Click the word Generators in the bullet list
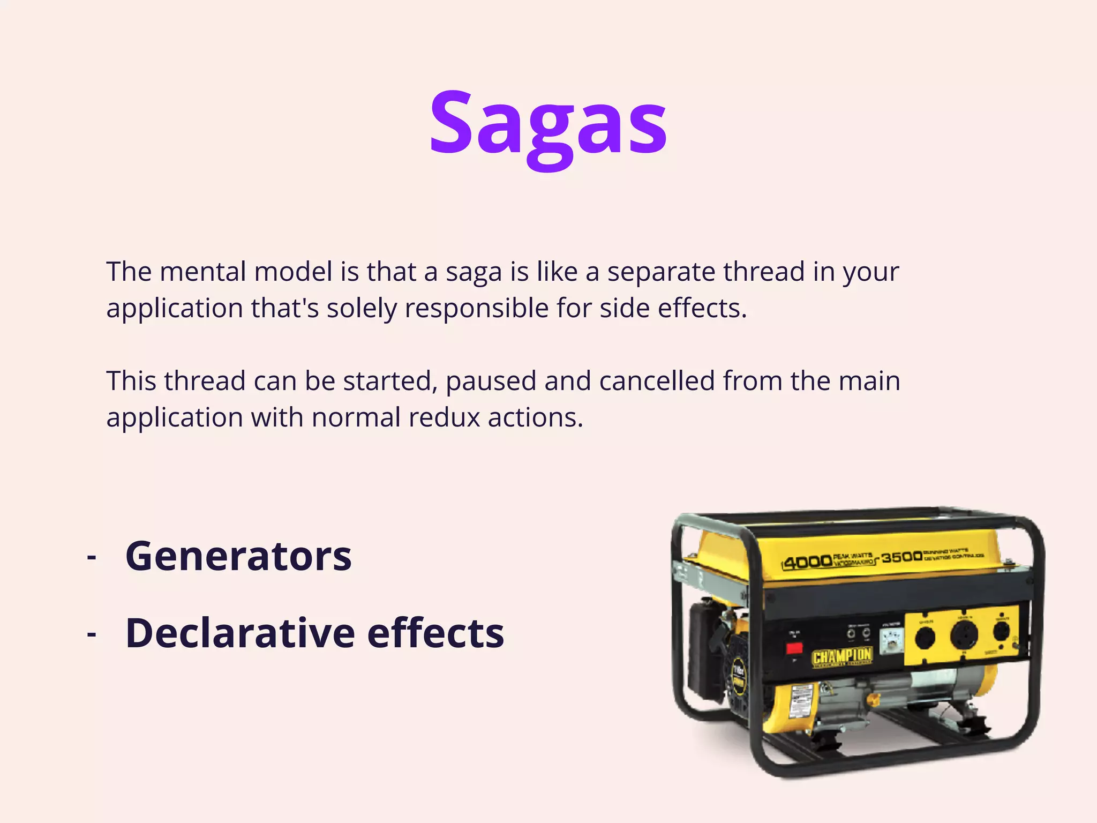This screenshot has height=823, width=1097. (238, 556)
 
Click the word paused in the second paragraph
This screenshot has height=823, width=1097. (491, 381)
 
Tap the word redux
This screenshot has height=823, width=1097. (444, 417)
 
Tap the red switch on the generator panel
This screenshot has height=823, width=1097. (794, 648)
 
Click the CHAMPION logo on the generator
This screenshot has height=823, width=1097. (842, 656)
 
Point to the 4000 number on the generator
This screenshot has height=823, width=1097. (807, 562)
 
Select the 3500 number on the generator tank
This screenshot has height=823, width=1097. (901, 557)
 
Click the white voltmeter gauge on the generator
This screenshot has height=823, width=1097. (892, 640)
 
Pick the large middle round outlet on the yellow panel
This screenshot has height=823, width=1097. (964, 635)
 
